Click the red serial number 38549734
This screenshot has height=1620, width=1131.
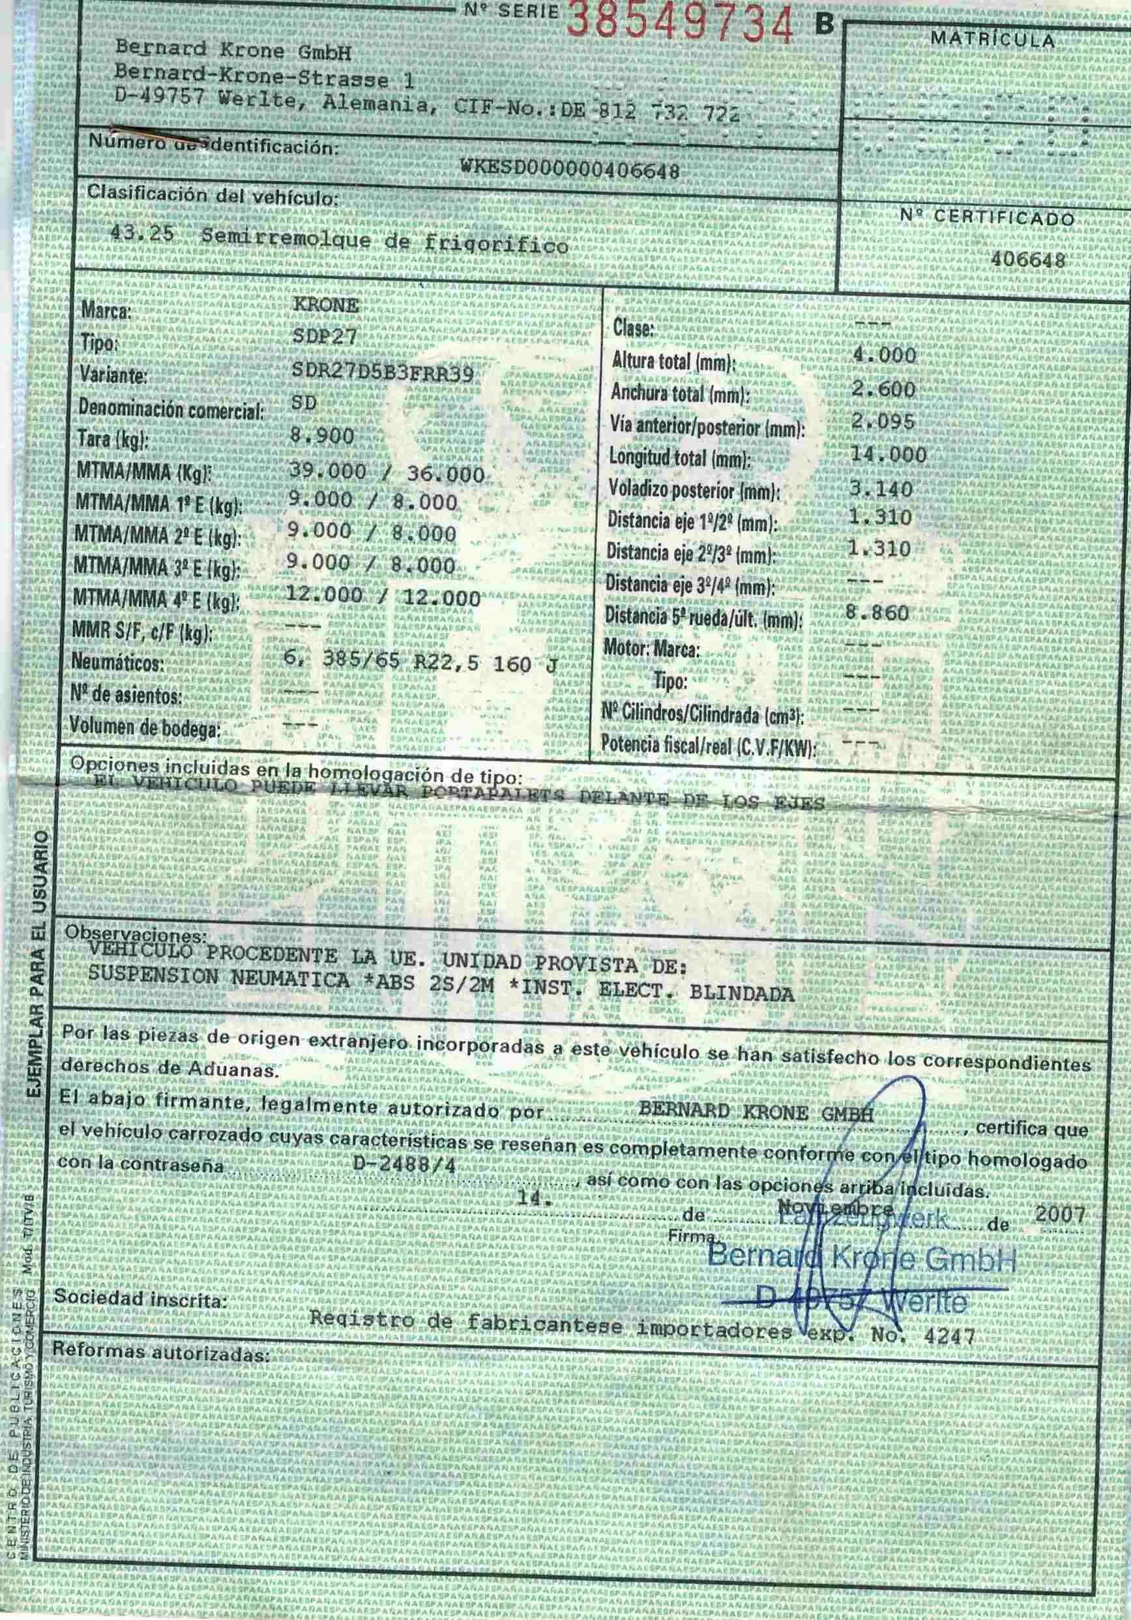coord(679,23)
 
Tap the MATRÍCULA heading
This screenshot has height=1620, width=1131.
coord(993,40)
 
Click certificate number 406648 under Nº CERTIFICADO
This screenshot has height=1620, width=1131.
coord(1027,259)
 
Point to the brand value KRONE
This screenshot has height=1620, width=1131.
coord(326,306)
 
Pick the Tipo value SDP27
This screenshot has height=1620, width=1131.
coord(325,337)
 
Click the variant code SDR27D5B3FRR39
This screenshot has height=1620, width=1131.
coord(383,374)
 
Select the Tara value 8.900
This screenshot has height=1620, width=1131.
coord(322,436)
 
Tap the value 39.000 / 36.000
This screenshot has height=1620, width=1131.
coord(387,473)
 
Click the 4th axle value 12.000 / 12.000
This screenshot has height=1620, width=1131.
coord(383,598)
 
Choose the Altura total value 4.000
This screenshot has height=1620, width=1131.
coord(884,355)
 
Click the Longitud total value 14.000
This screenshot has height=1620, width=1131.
coord(889,455)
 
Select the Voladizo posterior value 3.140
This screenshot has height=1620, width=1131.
coord(881,488)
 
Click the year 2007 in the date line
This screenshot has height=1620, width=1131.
coord(1061,1213)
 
